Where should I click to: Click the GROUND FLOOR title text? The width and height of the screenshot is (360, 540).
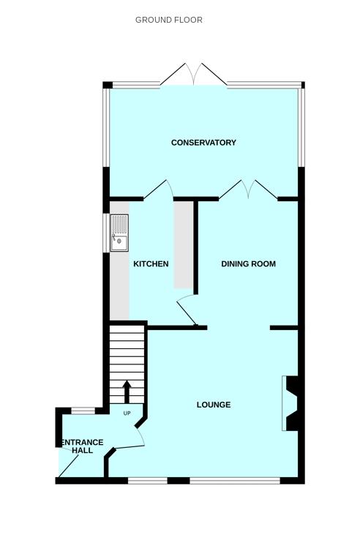[x=169, y=20]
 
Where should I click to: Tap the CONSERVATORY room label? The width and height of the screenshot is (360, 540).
[x=203, y=143]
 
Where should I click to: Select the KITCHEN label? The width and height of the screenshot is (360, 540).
[x=151, y=264]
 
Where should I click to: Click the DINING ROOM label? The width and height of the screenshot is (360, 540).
[x=249, y=264]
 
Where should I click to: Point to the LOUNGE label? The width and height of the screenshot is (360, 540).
[x=214, y=405]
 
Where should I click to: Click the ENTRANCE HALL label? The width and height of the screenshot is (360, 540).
[x=82, y=446]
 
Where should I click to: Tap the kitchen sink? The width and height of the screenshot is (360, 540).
[x=119, y=233]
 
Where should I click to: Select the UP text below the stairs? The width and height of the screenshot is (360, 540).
[x=127, y=413]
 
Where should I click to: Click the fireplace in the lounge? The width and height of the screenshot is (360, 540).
[x=290, y=403]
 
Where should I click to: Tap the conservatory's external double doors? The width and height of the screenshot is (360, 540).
[x=194, y=76]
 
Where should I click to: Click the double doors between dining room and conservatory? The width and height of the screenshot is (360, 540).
[x=248, y=190]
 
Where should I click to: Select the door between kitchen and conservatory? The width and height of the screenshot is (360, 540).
[x=160, y=190]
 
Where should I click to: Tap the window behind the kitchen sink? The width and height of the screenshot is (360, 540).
[x=106, y=233]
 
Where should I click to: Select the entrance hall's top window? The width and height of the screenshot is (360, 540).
[x=83, y=410]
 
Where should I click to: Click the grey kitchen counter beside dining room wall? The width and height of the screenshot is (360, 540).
[x=183, y=245]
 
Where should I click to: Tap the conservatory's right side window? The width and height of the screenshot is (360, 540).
[x=301, y=127]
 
